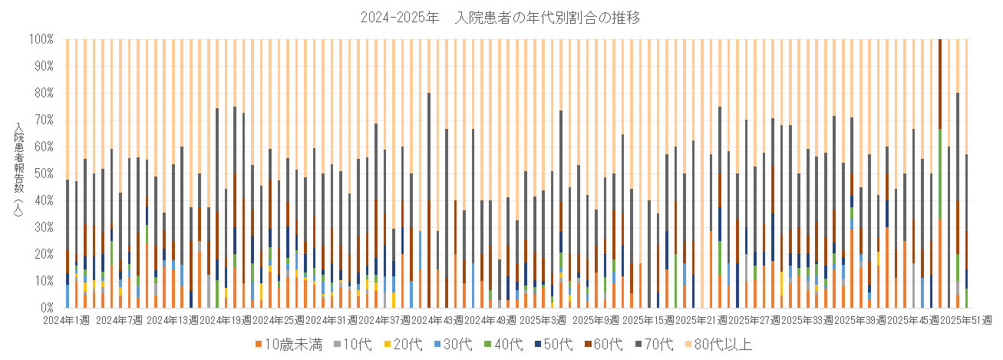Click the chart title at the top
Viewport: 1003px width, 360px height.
pyautogui.click(x=500, y=16)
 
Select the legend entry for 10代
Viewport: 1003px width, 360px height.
pyautogui.click(x=352, y=344)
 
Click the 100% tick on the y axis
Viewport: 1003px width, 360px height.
pyautogui.click(x=41, y=38)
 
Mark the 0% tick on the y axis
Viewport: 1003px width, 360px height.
pyautogui.click(x=46, y=308)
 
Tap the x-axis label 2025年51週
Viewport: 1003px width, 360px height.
pyautogui.click(x=965, y=319)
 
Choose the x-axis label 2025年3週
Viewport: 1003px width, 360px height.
pyautogui.click(x=542, y=319)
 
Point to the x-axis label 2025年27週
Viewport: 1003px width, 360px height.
pyautogui.click(x=752, y=319)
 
